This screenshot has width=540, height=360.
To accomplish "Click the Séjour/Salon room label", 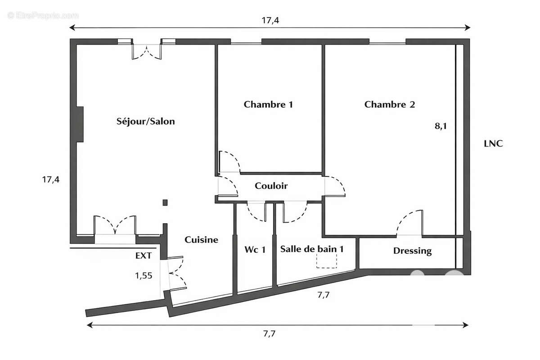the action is tap(145, 121).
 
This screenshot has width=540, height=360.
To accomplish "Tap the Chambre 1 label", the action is tap(268, 104).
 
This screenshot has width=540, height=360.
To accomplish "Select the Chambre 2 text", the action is tap(389, 104).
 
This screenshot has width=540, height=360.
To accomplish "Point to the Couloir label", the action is tap(271, 185).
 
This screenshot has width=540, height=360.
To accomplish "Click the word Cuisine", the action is tap(201, 240).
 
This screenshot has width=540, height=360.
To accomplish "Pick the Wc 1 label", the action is tap(255, 250).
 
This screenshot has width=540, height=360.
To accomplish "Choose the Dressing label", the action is tap(412, 251).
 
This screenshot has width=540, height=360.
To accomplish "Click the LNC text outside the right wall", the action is tap(493, 144).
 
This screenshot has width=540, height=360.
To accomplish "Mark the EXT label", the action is tap(144, 256).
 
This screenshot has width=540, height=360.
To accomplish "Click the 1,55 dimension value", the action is tap(144, 275).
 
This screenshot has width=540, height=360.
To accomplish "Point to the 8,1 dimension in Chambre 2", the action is tap(440, 126).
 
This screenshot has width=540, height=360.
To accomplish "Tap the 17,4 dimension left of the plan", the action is tap(50, 179).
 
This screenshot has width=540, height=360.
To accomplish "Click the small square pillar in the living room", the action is tap(165, 202).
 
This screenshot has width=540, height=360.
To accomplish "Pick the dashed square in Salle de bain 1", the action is tap(327, 261).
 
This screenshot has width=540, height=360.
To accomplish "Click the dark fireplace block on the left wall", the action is tap(80, 124).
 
